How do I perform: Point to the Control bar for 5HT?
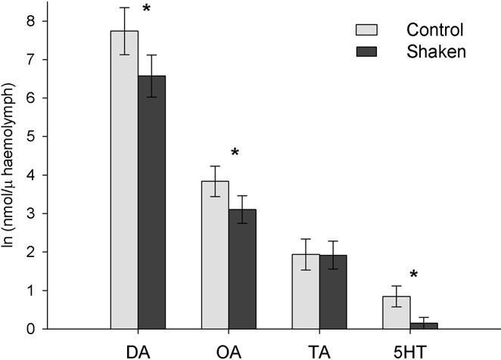[x=396, y=312]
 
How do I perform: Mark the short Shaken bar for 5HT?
[x=424, y=326]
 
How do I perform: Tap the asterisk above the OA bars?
[x=235, y=154]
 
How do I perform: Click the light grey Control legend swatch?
[x=366, y=29]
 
